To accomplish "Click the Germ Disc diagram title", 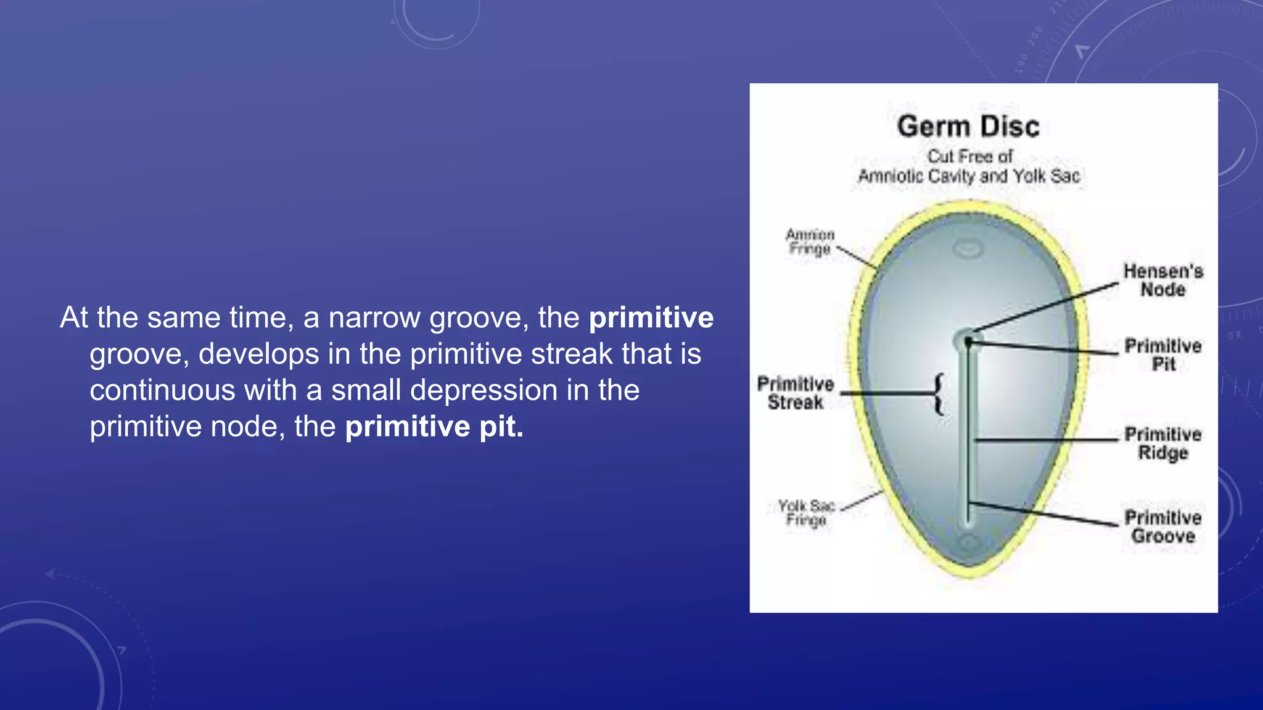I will click(x=968, y=126).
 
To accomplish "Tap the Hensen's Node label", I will click(x=1163, y=280).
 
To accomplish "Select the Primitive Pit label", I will click(x=1163, y=355).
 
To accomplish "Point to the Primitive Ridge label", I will click(x=1163, y=443).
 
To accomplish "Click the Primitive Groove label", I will click(x=1163, y=527).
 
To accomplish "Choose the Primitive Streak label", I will click(x=796, y=393).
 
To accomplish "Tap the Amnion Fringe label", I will click(x=810, y=242).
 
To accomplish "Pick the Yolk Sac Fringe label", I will click(x=806, y=513).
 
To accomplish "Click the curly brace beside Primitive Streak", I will click(x=939, y=394).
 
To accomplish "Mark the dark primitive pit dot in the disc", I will click(x=968, y=341).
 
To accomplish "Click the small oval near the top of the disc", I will click(x=968, y=249).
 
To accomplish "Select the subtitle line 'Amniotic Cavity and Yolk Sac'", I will click(x=969, y=176).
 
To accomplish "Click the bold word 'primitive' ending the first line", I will click(x=651, y=318).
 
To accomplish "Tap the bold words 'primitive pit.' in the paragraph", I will click(x=434, y=426).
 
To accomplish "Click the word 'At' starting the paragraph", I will click(x=75, y=318).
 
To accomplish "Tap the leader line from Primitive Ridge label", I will click(x=1048, y=440).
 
